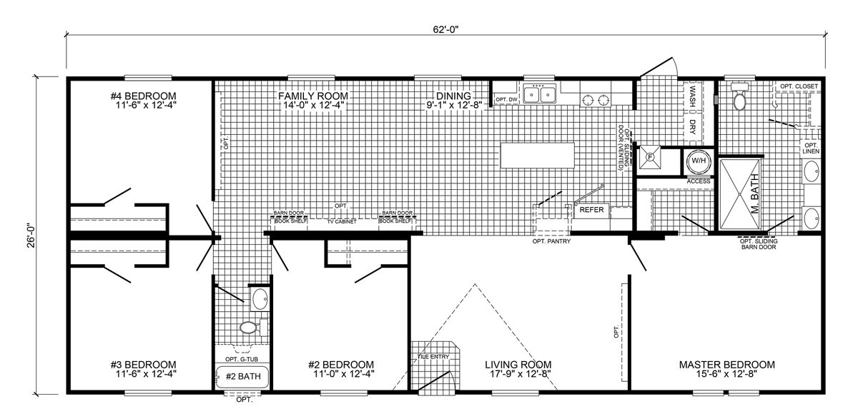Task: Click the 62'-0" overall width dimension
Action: [x=445, y=29]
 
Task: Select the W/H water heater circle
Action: [x=699, y=161]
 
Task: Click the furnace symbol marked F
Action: [x=650, y=157]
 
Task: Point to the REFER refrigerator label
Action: [x=591, y=210]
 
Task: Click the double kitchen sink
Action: [x=540, y=94]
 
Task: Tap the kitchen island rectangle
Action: [x=538, y=155]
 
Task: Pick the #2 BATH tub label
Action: [x=243, y=377]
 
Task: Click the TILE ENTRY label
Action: [x=433, y=357]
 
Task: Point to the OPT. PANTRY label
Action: [x=551, y=241]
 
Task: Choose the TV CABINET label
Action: [x=342, y=221]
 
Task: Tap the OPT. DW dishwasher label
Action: [x=506, y=99]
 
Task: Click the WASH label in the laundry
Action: [x=693, y=96]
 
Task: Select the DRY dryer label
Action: [x=693, y=126]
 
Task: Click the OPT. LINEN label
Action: [x=811, y=148]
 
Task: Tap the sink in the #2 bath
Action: [x=260, y=299]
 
